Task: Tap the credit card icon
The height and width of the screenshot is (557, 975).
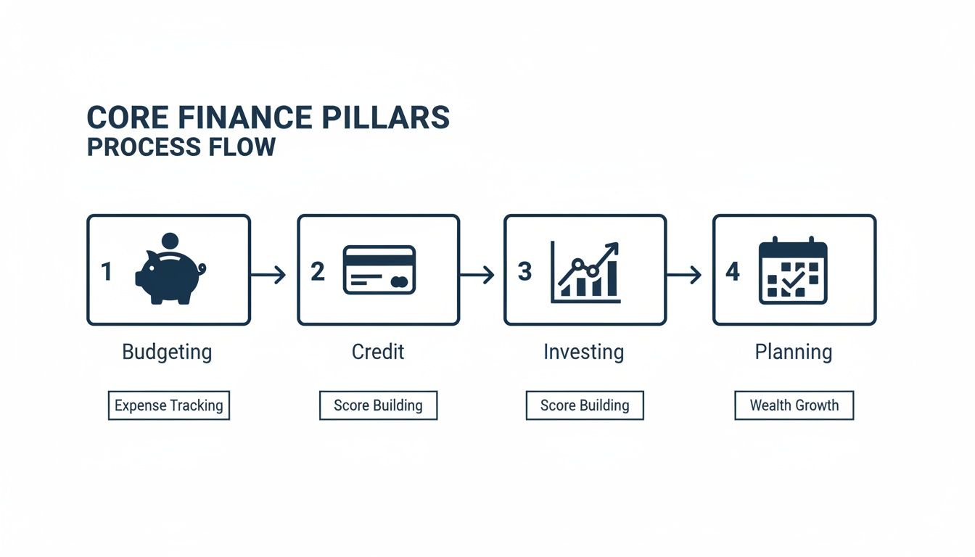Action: pyautogui.click(x=379, y=270)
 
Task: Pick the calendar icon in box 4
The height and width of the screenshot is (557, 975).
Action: pyautogui.click(x=793, y=271)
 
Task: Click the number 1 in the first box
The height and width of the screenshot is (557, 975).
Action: pyautogui.click(x=107, y=272)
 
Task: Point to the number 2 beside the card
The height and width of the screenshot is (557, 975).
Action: pyautogui.click(x=318, y=272)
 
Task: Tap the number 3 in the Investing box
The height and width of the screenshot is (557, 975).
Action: pyautogui.click(x=524, y=272)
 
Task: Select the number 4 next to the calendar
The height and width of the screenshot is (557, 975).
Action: pyautogui.click(x=733, y=272)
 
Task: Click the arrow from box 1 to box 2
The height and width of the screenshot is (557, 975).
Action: pyautogui.click(x=268, y=275)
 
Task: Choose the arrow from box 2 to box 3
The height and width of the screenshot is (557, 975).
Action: pyautogui.click(x=477, y=275)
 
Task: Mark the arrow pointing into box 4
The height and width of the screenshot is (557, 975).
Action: pyautogui.click(x=683, y=275)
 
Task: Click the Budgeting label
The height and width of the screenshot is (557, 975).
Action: pyautogui.click(x=167, y=352)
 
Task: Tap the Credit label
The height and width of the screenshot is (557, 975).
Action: pyautogui.click(x=378, y=352)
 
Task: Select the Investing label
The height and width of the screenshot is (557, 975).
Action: pyautogui.click(x=584, y=352)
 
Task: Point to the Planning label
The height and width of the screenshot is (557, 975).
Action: pyautogui.click(x=794, y=352)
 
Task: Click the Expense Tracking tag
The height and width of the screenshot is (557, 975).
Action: pyautogui.click(x=169, y=405)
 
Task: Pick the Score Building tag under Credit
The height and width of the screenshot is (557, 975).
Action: pyautogui.click(x=378, y=405)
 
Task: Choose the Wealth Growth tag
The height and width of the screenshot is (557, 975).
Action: pyautogui.click(x=794, y=405)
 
